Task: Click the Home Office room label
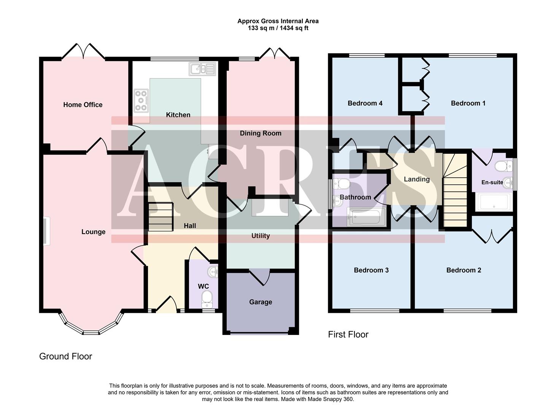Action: [x=83, y=105]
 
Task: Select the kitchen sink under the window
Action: [x=202, y=69]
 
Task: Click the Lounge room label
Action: [x=93, y=232]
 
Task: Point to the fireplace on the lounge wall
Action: [x=46, y=231]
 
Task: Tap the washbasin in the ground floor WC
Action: [x=212, y=272]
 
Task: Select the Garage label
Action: [x=261, y=302]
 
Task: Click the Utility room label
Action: [x=261, y=236]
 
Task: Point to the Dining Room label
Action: [x=261, y=133]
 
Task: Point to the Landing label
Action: [x=416, y=179]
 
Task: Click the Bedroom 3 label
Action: [x=371, y=270]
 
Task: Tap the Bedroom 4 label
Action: [x=365, y=103]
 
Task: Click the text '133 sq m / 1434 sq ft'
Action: [x=278, y=28]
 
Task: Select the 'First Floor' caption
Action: [x=348, y=335]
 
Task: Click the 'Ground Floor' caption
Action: [x=65, y=356]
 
